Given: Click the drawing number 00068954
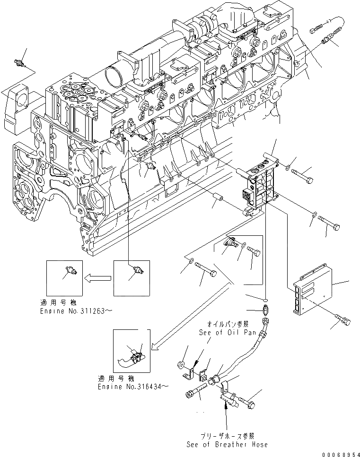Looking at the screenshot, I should (339, 454).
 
